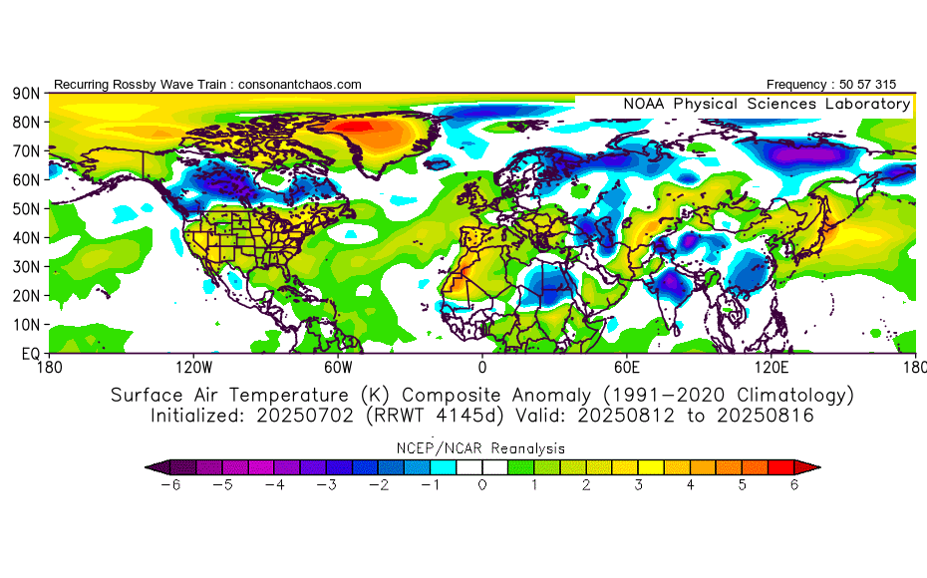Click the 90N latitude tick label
pyautogui.click(x=26, y=93)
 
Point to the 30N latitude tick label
pyautogui.click(x=26, y=266)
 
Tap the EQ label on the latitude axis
pyautogui.click(x=30, y=354)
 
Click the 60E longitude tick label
pyautogui.click(x=626, y=367)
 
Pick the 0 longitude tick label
pyautogui.click(x=482, y=367)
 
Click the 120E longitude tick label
pyautogui.click(x=771, y=367)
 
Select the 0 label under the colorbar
pyautogui.click(x=482, y=485)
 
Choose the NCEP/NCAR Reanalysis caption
pyautogui.click(x=482, y=448)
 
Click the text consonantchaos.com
pyautogui.click(x=298, y=85)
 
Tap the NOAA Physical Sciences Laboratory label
pyautogui.click(x=766, y=105)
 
